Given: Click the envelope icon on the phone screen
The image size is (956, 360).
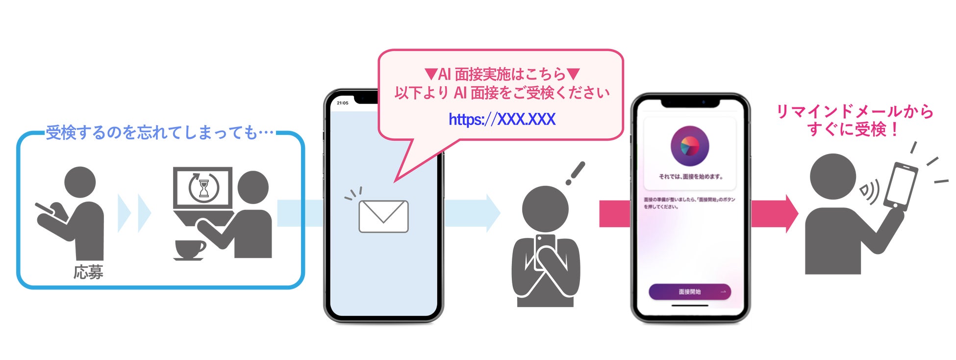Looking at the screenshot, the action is click(x=383, y=216).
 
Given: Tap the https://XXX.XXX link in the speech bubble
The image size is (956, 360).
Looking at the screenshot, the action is click(x=502, y=119).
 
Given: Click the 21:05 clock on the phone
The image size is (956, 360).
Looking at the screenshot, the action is click(x=343, y=103).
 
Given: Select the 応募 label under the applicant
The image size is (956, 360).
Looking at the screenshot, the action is click(x=88, y=272).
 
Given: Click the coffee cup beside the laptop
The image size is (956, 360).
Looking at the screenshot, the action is click(x=189, y=249).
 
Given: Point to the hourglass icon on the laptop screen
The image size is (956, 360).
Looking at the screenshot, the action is click(x=204, y=188).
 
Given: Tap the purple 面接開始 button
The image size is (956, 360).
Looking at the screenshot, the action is click(x=689, y=292).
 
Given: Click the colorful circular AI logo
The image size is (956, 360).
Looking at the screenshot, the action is click(x=689, y=146).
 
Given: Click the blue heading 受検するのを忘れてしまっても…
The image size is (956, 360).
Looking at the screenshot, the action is click(x=159, y=133).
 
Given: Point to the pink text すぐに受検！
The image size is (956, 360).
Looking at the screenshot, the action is click(x=854, y=130).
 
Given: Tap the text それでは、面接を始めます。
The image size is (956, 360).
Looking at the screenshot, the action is click(x=690, y=177).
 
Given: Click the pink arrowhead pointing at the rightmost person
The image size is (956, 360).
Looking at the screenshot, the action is click(x=791, y=214).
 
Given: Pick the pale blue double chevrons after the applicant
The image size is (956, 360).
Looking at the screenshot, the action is click(x=134, y=213).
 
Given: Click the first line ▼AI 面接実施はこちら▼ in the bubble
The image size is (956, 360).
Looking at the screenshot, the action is click(x=502, y=75).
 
